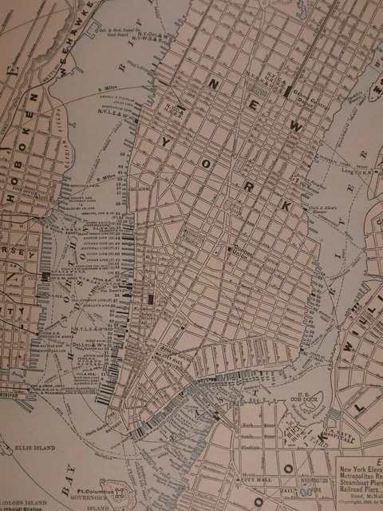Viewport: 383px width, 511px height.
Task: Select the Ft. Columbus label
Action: click(95, 489)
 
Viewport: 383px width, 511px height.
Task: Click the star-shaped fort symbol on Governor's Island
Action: click(120, 497)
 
